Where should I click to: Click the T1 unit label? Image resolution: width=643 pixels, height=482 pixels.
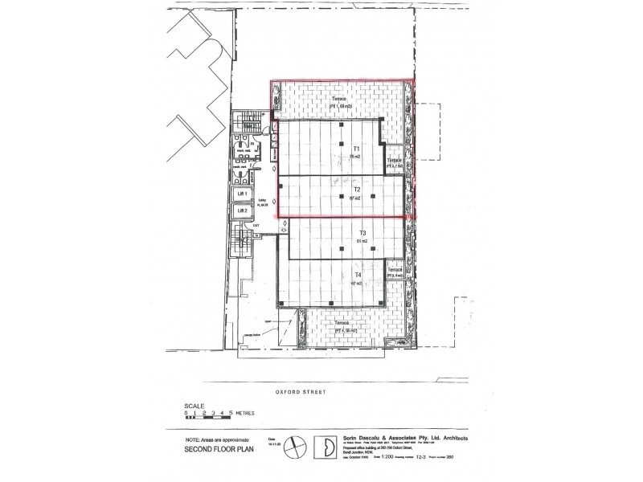pos(356,150)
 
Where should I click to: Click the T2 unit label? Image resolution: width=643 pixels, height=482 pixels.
pos(356,190)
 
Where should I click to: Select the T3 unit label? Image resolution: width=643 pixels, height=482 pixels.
pos(362,233)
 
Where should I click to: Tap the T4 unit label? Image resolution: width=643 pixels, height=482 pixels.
pos(357,275)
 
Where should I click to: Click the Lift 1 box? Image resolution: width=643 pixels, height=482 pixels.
pos(240,194)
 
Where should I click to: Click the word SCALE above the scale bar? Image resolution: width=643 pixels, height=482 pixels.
pos(195,406)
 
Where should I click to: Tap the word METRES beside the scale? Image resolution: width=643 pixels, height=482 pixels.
pos(244,411)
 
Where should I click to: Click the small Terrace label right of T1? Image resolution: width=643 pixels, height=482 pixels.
pos(395,161)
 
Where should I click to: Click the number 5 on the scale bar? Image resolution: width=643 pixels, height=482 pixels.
pos(231,411)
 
